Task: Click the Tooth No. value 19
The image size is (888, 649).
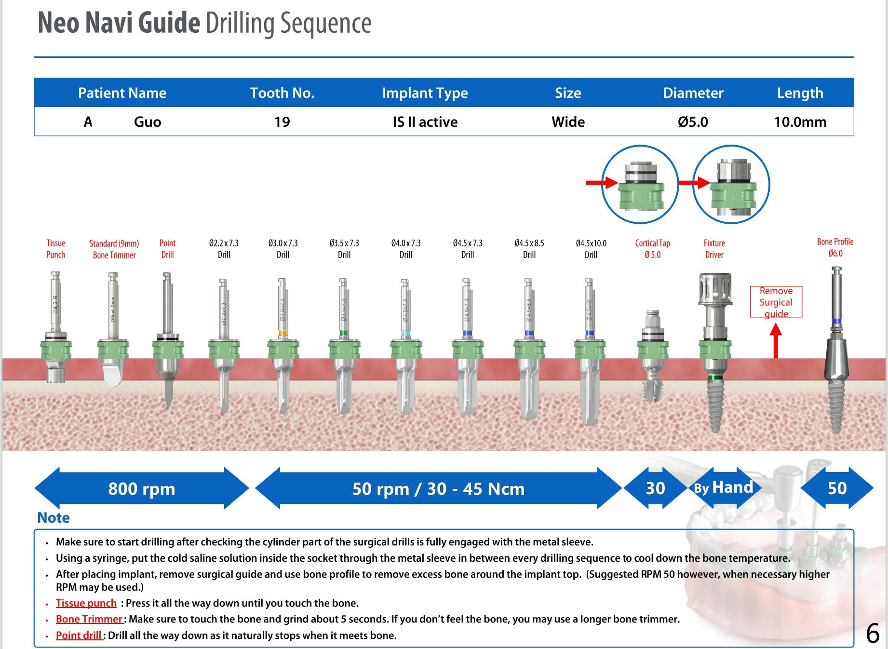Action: [x=282, y=122]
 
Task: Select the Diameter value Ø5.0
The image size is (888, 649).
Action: [x=693, y=122]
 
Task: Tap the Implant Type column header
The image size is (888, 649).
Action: [x=425, y=93]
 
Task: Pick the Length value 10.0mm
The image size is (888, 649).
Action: [x=800, y=122]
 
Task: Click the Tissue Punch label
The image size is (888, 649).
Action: [x=56, y=249]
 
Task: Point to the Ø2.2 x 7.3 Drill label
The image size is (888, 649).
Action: [x=224, y=249]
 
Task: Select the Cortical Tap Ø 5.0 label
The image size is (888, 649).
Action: [x=652, y=249]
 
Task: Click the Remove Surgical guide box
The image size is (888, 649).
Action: [x=776, y=302]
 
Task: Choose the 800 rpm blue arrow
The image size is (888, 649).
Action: [x=141, y=488]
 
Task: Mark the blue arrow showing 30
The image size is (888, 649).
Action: [x=655, y=488]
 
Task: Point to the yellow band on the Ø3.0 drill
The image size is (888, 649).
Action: [x=283, y=333]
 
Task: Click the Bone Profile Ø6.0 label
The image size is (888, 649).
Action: [x=835, y=247]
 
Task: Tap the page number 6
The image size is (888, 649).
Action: [x=873, y=633]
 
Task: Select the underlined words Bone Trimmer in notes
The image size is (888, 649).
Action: [x=89, y=619]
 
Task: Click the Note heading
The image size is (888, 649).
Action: [x=54, y=518]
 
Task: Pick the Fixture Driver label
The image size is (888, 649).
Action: [x=714, y=249]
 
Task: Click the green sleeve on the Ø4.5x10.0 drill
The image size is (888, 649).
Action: [x=590, y=349]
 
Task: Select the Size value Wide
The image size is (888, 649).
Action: [x=568, y=122]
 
